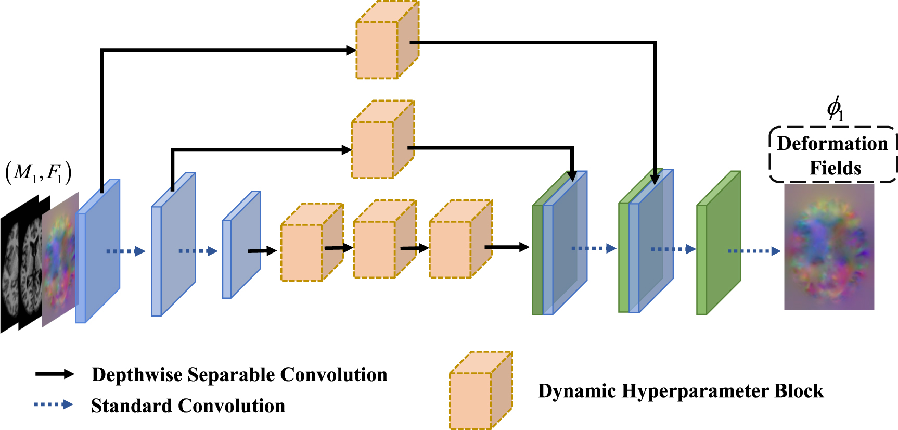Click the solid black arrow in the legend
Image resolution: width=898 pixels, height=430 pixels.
pos(55,374)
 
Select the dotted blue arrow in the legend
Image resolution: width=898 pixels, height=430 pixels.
pos(54,404)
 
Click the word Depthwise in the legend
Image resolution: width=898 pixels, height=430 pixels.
pos(137,375)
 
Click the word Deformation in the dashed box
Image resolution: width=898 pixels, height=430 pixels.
pos(832,144)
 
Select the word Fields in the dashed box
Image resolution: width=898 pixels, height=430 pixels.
pos(835,168)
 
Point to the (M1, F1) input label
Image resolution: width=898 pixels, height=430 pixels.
pos(39,172)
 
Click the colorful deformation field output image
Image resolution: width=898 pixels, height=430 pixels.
pos(829,247)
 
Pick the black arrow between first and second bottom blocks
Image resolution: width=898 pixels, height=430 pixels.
pos(338,248)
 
